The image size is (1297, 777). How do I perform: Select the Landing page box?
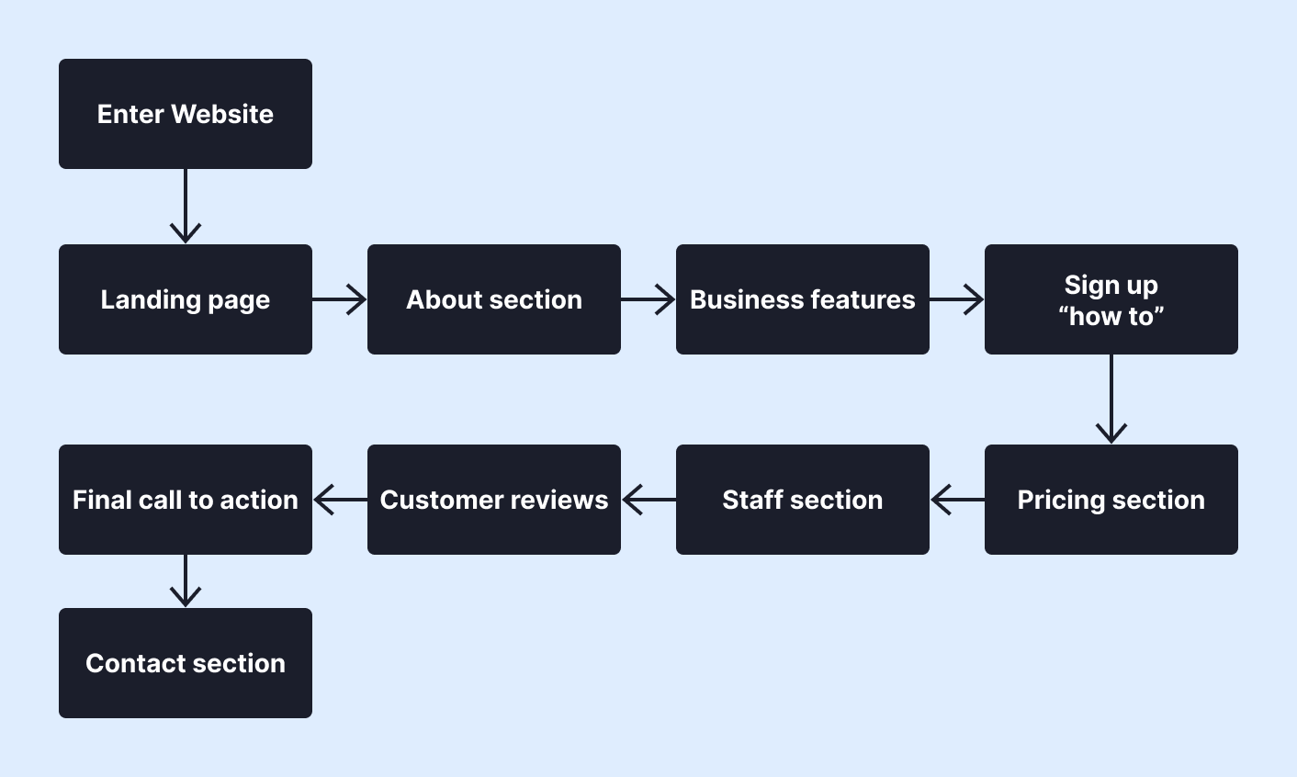(x=185, y=299)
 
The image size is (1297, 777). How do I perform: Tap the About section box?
(x=493, y=299)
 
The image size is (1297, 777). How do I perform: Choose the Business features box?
(x=802, y=299)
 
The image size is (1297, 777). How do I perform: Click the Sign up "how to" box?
(x=1111, y=299)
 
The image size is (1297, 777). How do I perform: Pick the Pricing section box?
(x=1111, y=500)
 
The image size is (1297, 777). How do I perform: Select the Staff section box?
(x=802, y=500)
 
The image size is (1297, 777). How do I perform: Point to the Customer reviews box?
(x=493, y=500)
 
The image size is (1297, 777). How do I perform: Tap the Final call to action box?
(x=185, y=500)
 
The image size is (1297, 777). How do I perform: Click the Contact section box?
(x=185, y=663)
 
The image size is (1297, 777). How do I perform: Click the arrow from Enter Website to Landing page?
(x=186, y=207)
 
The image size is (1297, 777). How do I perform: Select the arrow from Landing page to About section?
(x=340, y=299)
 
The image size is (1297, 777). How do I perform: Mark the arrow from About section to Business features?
(x=648, y=299)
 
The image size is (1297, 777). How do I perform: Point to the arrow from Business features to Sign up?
(x=957, y=299)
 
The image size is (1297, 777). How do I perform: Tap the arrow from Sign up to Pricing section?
(x=1111, y=400)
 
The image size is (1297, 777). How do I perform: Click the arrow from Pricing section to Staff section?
(x=957, y=500)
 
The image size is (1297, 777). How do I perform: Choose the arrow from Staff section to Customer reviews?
(x=648, y=500)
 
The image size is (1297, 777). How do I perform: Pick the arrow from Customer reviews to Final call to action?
(x=340, y=500)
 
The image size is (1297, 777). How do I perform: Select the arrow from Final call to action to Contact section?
(x=186, y=581)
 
